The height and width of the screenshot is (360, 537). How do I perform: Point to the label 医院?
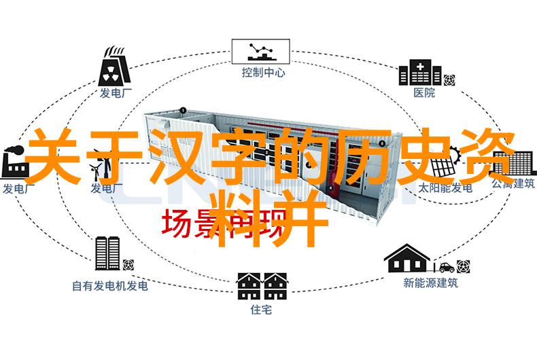point(423,93)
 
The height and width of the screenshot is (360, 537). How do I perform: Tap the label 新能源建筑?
point(430,283)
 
